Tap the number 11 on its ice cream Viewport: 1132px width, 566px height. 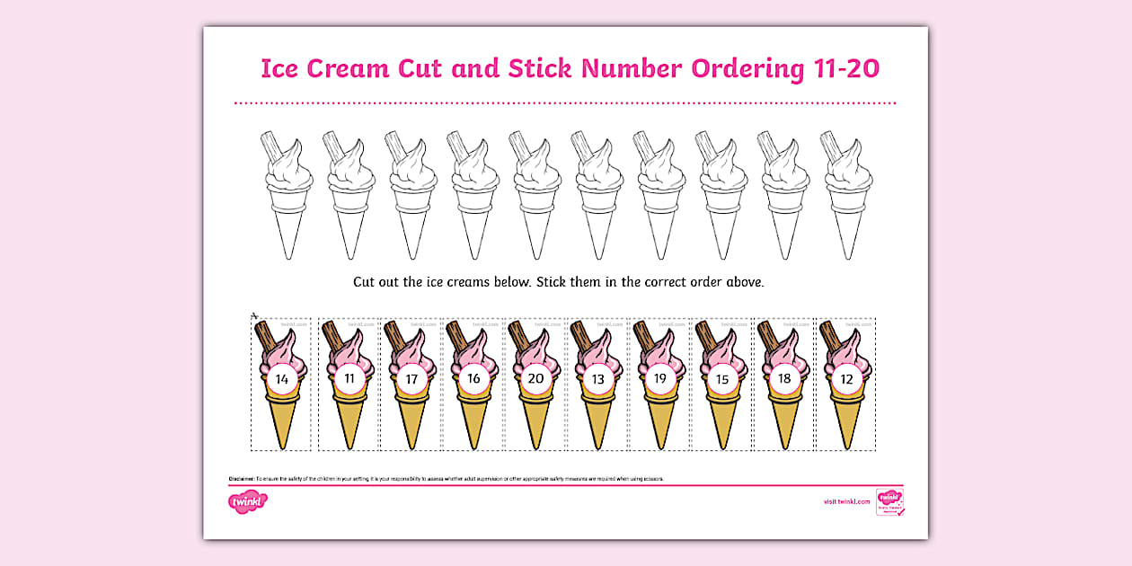pyautogui.click(x=349, y=379)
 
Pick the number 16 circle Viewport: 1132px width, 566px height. pyautogui.click(x=473, y=379)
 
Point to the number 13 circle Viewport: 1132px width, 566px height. pyautogui.click(x=597, y=379)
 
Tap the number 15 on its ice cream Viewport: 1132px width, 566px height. pyautogui.click(x=721, y=379)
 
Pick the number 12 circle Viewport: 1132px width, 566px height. pyautogui.click(x=845, y=379)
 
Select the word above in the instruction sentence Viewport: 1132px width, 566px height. pyautogui.click(x=745, y=282)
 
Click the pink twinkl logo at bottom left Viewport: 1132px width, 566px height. pyautogui.click(x=242, y=500)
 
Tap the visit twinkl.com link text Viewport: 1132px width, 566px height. pyautogui.click(x=846, y=501)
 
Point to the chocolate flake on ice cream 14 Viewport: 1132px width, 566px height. pyautogui.click(x=265, y=338)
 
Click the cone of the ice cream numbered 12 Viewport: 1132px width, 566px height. pyautogui.click(x=845, y=422)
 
